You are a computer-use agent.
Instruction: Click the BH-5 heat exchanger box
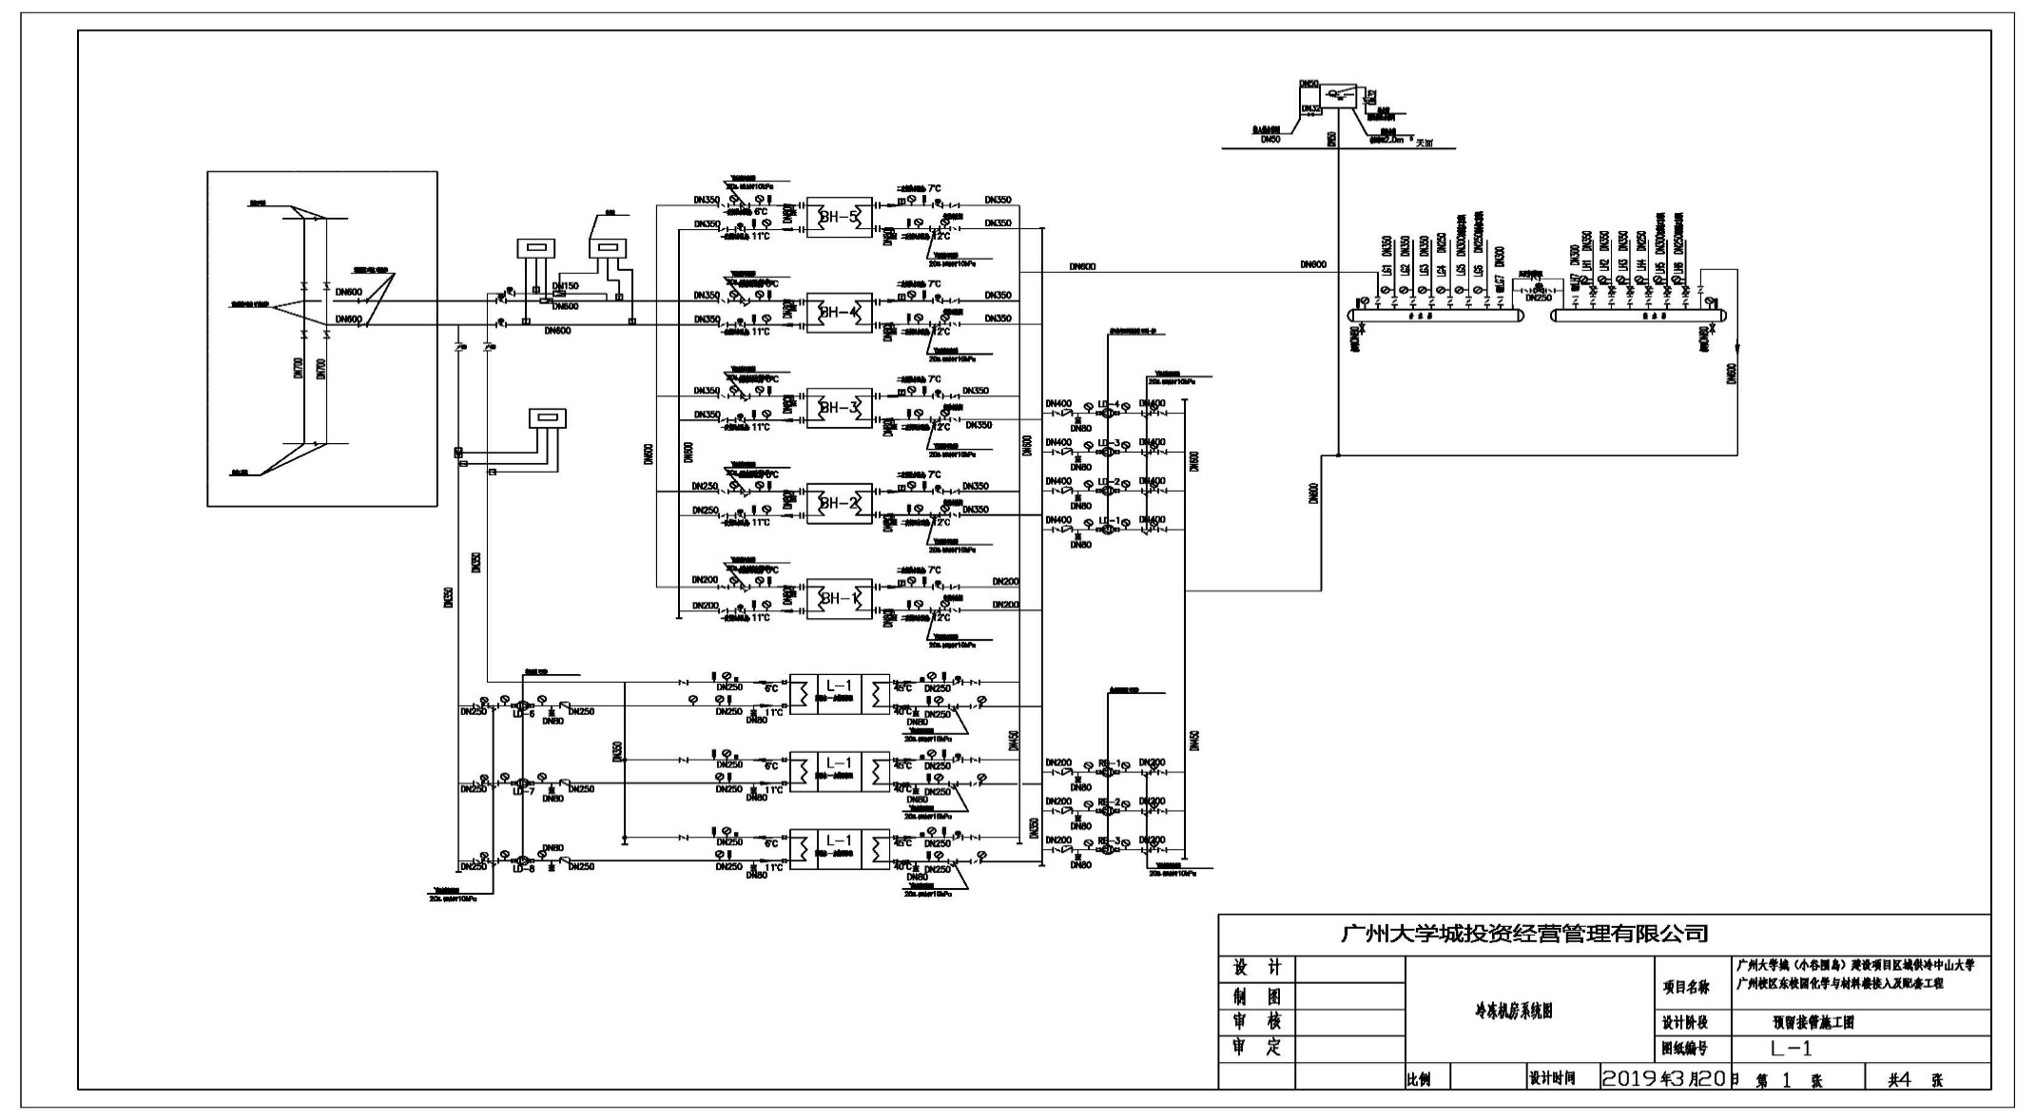(x=840, y=218)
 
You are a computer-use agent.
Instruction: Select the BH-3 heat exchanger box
(x=840, y=409)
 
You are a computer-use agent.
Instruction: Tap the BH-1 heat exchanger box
(x=840, y=599)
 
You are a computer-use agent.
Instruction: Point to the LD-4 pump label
(x=1110, y=403)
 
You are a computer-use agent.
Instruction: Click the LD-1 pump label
(x=1110, y=520)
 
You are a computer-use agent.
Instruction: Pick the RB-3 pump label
(x=1110, y=840)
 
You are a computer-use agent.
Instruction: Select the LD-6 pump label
(x=524, y=714)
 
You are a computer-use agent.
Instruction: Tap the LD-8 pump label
(x=524, y=868)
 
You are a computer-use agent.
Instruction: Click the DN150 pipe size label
(x=565, y=286)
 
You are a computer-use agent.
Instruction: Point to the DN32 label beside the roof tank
(x=1310, y=108)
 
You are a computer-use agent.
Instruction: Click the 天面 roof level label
(x=1424, y=144)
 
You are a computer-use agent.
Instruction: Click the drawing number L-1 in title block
(x=1791, y=1049)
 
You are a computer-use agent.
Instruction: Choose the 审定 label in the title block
(x=1256, y=1048)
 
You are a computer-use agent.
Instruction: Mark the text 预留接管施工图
(x=1813, y=1023)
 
